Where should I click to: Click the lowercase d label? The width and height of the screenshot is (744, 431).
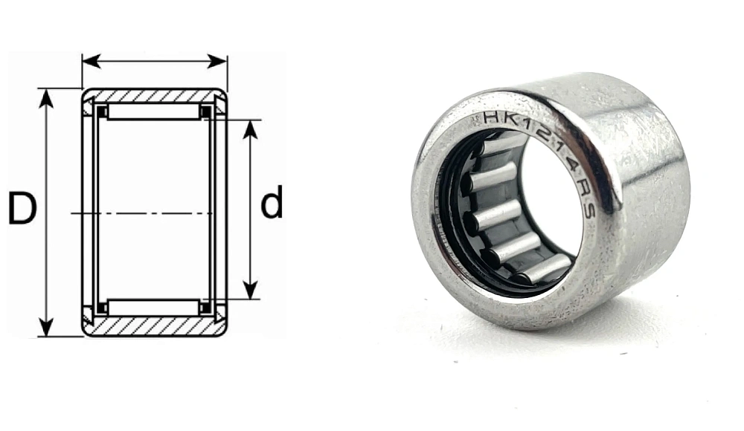pos(272,203)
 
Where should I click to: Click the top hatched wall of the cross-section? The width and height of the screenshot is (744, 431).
pos(154,96)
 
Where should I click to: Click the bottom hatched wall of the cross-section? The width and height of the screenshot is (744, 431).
pos(154,327)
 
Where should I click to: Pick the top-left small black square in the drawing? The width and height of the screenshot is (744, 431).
pos(103,111)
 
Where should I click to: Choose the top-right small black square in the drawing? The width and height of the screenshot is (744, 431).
pos(205,111)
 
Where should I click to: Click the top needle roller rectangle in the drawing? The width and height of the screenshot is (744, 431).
pos(154,111)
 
